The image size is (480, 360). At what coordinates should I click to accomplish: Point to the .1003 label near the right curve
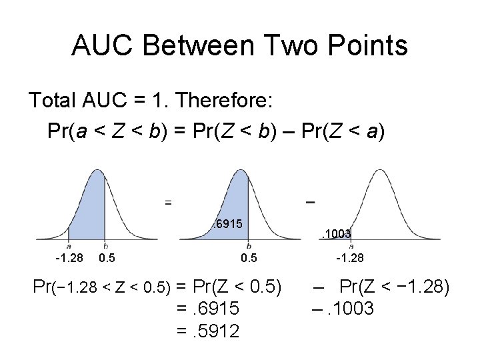point(336,233)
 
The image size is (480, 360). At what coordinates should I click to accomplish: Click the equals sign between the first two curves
point(169,201)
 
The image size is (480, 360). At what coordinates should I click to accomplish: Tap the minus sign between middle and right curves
point(310,201)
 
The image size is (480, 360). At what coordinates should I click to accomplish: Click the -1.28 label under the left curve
point(69,258)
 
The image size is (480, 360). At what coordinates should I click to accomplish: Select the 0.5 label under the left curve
point(106,258)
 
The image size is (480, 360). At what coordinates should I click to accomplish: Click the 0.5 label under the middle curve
point(249,258)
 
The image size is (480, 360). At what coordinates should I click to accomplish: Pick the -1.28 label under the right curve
point(349,258)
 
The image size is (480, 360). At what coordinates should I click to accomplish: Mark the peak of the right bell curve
point(376,171)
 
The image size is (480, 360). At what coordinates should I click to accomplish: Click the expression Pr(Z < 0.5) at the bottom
point(237,288)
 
